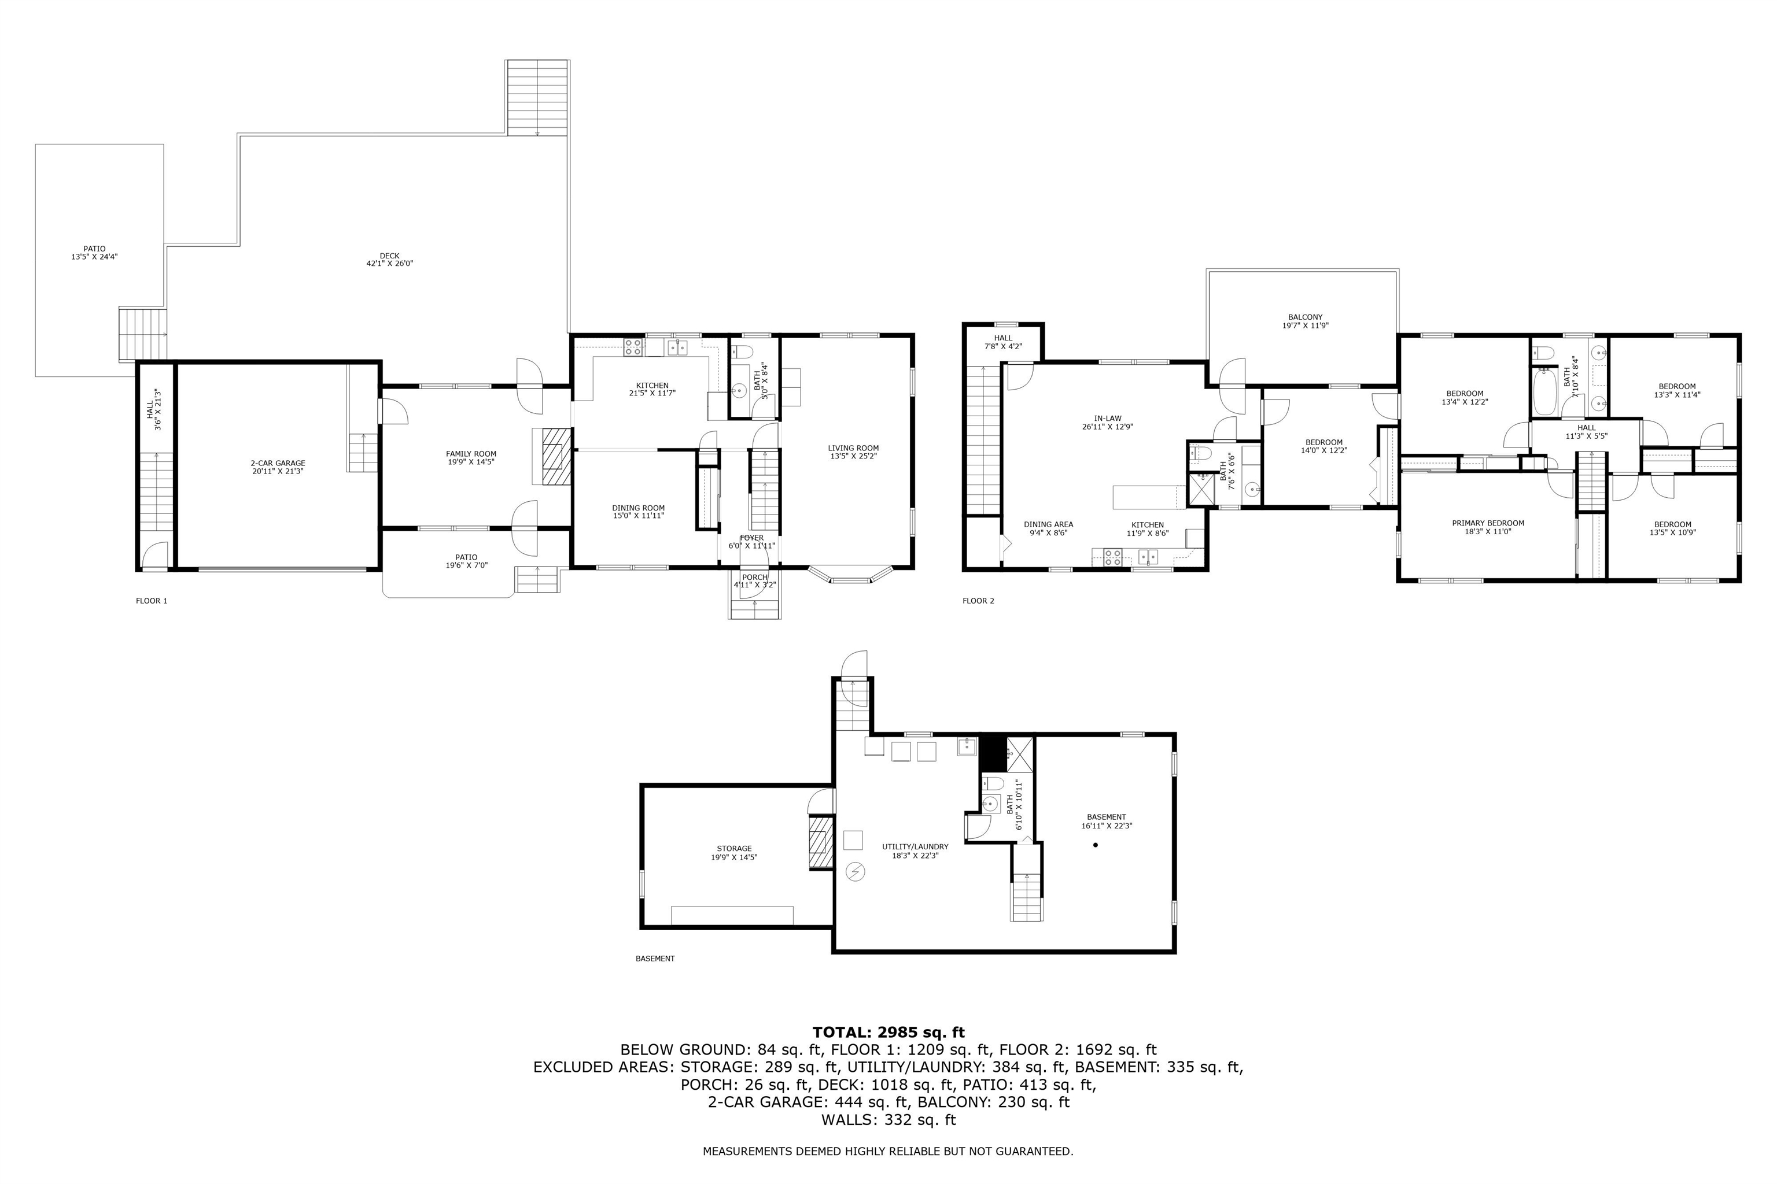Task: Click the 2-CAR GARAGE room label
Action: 278,463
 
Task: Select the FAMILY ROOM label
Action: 471,454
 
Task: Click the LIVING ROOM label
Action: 853,448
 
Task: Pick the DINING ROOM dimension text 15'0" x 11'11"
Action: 639,516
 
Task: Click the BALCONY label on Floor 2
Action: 1306,317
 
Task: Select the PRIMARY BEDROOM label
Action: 1488,523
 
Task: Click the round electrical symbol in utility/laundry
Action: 856,872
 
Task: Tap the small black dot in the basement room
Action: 1096,845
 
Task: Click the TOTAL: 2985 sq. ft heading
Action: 888,1032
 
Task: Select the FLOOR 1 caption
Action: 151,601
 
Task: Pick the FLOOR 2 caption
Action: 978,601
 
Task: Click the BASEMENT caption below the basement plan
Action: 655,959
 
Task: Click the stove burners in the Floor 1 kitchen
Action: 633,347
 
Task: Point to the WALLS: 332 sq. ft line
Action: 888,1120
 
